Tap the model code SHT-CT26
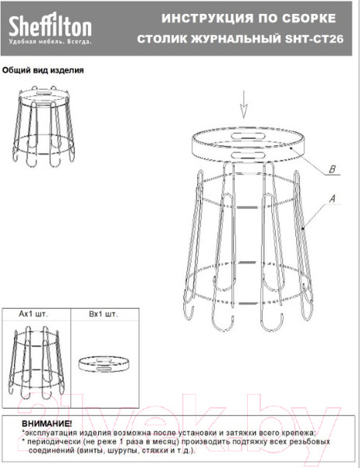[314, 39]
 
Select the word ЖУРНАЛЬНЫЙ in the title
[235, 39]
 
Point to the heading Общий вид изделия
[43, 70]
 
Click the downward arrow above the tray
[244, 105]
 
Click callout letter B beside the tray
[332, 169]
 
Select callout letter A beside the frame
[332, 199]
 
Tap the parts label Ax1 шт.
[33, 314]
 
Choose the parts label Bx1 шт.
[104, 314]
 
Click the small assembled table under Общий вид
[44, 126]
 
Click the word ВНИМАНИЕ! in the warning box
[47, 424]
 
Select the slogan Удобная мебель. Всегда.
[50, 42]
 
